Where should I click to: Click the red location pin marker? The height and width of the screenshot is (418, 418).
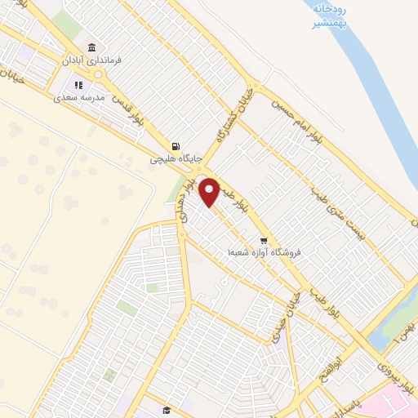(211, 192)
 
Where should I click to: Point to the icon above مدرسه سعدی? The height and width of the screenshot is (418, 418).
(78, 84)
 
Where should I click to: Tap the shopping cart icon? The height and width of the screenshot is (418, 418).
(264, 240)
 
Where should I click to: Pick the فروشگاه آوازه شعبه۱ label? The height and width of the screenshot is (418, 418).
(265, 253)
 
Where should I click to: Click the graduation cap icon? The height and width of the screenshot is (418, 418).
(167, 410)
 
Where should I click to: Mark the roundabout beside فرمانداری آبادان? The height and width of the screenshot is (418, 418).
(100, 74)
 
